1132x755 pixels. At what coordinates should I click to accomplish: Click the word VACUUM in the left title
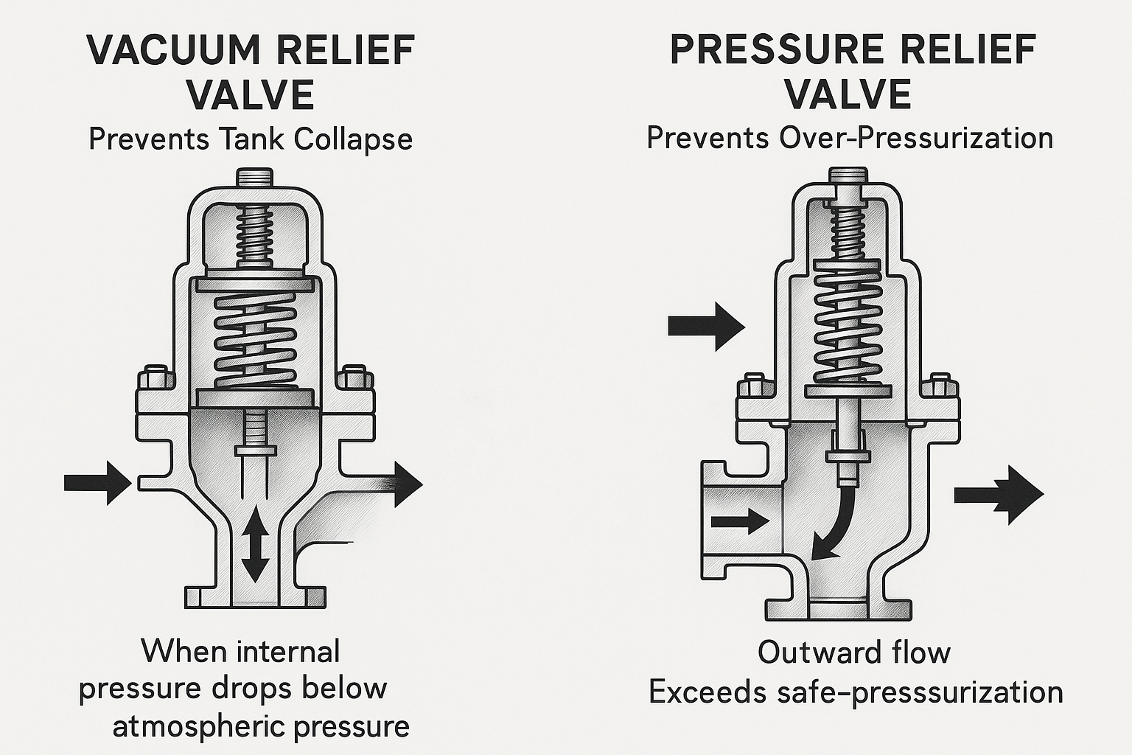pos(173,50)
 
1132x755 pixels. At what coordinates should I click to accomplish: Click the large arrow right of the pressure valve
pos(999,495)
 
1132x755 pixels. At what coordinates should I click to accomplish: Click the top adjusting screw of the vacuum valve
pos(254,178)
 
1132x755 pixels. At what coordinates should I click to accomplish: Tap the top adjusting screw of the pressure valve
pos(848,178)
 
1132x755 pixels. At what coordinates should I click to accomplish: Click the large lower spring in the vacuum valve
pos(254,339)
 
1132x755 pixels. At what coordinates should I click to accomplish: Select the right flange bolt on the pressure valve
pos(941,385)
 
